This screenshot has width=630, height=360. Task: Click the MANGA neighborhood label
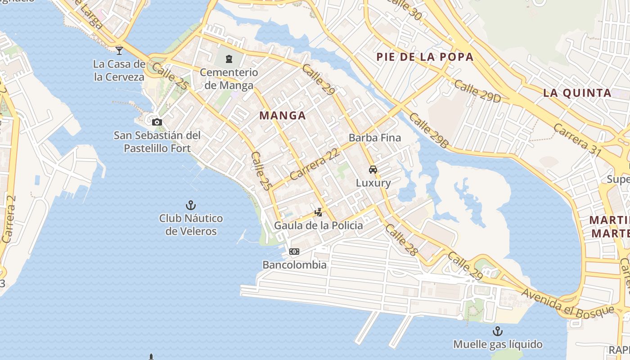tap(283, 116)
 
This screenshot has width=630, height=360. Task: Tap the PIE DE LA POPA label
tap(425, 57)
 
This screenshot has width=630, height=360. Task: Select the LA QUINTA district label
tap(577, 93)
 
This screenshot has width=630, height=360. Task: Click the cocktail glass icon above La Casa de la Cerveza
tap(119, 50)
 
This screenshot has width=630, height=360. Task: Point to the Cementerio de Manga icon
tap(229, 58)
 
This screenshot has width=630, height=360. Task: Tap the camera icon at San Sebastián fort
tap(157, 122)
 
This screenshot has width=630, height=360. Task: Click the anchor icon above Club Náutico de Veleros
tap(191, 206)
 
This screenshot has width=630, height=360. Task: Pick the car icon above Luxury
tap(373, 170)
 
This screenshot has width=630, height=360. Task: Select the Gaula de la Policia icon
tap(319, 212)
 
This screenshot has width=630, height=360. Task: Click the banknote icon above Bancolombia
tap(294, 252)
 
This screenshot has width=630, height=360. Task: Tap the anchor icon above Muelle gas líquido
tap(497, 331)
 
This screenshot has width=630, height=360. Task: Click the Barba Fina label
tap(374, 138)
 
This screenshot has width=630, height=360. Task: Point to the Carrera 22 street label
tap(315, 164)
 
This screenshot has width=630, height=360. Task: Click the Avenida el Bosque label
tap(567, 302)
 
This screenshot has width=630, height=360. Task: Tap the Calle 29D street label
tap(477, 91)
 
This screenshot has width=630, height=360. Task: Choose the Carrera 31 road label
tap(577, 140)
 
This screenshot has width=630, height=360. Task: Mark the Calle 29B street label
tap(429, 130)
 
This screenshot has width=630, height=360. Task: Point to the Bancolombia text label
tap(294, 265)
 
